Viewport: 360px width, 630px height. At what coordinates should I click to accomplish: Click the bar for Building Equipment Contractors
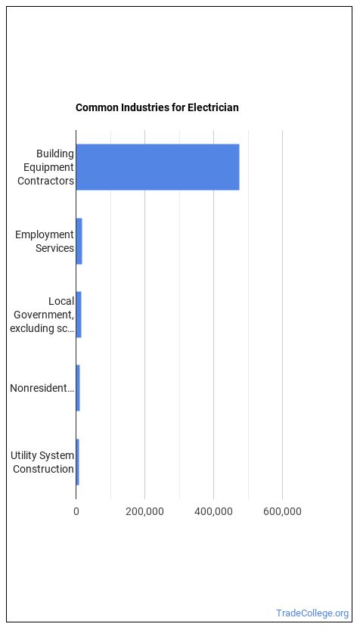coord(157,166)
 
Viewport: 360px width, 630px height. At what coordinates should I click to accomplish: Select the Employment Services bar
coord(79,241)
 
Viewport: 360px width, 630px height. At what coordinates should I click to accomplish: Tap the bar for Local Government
coord(79,315)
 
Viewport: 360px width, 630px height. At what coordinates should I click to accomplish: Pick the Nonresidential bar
coord(78,388)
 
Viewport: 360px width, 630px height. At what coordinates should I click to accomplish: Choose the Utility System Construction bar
coord(78,462)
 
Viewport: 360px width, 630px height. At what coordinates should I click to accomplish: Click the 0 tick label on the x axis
coord(76,511)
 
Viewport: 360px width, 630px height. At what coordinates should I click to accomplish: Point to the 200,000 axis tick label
coord(144,512)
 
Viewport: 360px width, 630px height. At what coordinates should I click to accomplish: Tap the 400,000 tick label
coord(214,512)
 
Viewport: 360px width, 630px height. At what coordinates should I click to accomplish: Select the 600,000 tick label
coord(282,512)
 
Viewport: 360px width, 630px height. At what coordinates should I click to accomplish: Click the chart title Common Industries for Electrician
coord(157,107)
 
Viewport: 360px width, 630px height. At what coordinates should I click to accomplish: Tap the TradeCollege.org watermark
coord(312,613)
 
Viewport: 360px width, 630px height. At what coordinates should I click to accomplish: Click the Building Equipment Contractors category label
coord(45,167)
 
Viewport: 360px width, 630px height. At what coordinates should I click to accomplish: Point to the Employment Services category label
coord(45,241)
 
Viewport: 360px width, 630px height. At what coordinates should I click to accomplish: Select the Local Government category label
coord(42,315)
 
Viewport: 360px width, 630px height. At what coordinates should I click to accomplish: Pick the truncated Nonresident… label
coord(42,388)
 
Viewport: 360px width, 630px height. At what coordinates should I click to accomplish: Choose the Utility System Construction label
coord(42,462)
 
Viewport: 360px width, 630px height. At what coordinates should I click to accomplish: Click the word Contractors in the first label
coord(45,181)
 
